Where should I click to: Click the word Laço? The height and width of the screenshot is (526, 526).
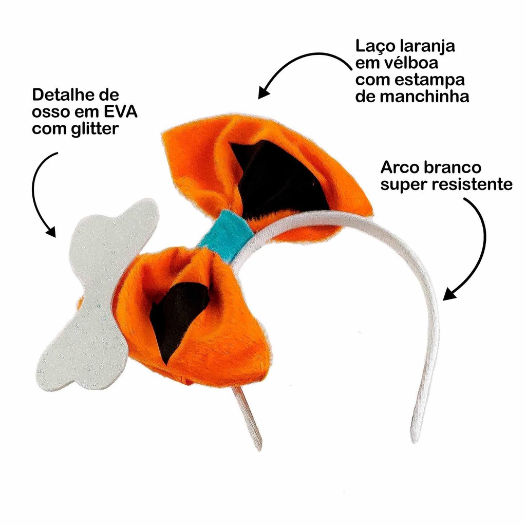point(372,47)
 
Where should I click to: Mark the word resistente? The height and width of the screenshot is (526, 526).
point(472,184)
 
